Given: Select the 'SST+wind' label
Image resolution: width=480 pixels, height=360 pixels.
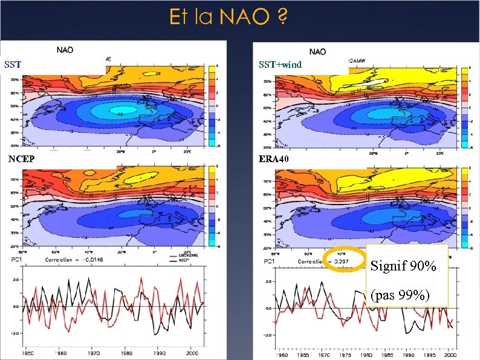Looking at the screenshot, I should tap(280, 64).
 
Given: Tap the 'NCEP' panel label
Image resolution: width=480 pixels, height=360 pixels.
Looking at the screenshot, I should tap(21, 159).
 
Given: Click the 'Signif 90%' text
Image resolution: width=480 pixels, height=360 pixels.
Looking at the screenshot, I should tap(403, 266).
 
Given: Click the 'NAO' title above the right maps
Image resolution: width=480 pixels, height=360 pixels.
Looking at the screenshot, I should tap(319, 52).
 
